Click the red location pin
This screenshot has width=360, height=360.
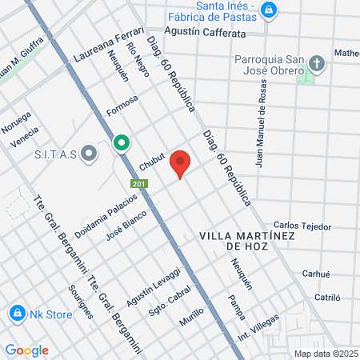pyautogui.click(x=181, y=163)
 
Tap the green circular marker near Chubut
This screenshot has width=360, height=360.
pyautogui.click(x=122, y=143)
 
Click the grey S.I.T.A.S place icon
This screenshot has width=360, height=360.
pyautogui.click(x=89, y=152)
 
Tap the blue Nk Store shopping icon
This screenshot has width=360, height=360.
pyautogui.click(x=16, y=313)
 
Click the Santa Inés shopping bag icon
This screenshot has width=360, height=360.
pyautogui.click(x=269, y=10)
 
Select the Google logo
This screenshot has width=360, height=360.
pyautogui.click(x=26, y=350)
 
